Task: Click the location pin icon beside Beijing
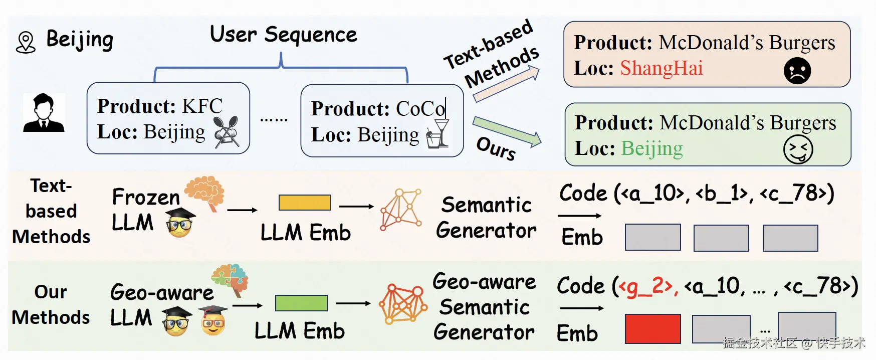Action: coord(26,42)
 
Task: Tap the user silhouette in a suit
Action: coord(44,113)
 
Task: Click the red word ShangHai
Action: coord(661,68)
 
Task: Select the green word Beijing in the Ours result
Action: coord(652,148)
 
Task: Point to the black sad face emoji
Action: coord(797,71)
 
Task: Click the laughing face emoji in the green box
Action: coord(798,150)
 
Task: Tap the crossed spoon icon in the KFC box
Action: coord(226,132)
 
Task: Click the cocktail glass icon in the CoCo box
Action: coord(438,134)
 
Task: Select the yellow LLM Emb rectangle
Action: coord(305,203)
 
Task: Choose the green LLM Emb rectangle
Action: coord(301,303)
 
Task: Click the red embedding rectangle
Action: coord(652,328)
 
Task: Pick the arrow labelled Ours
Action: coord(507,131)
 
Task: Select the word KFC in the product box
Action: coord(202,106)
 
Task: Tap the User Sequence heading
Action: coord(283,35)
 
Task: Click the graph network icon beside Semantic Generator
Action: coord(400,209)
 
